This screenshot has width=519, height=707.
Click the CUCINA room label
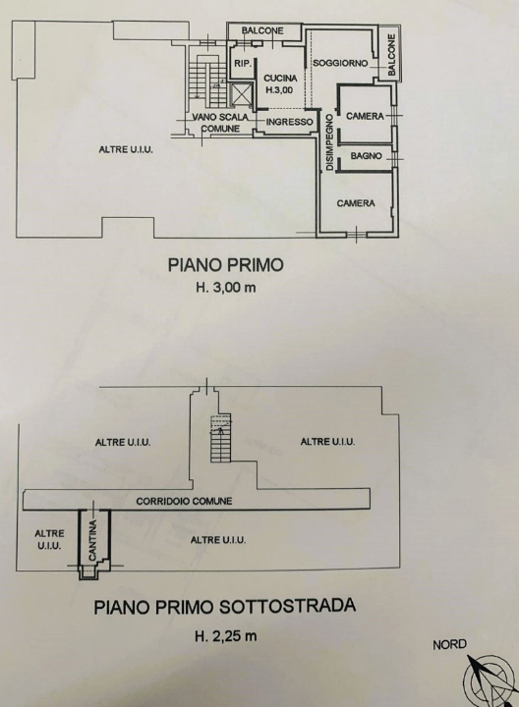[279, 79]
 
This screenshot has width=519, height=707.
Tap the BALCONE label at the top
[262, 30]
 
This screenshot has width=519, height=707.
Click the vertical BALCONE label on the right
[391, 57]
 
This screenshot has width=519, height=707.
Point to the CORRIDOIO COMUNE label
[185, 501]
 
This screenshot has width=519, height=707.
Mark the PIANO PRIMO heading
[225, 264]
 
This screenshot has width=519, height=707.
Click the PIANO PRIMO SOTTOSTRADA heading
[224, 606]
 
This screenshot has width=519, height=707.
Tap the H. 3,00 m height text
[225, 288]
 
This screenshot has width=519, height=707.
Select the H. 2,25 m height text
[225, 635]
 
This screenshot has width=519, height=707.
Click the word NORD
[449, 645]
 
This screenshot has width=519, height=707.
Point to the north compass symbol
[483, 679]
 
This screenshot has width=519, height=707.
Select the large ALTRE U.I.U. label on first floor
[123, 149]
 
